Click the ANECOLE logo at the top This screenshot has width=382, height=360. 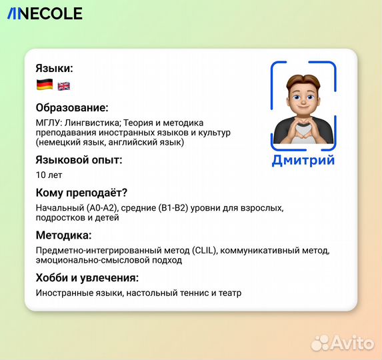pos(45,13)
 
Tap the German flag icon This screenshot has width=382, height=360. pos(45,85)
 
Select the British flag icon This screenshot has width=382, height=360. pos(64,86)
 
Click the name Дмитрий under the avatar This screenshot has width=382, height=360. pos(303,160)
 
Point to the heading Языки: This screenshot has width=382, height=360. pos(54,68)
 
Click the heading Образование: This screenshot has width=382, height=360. pos(72,107)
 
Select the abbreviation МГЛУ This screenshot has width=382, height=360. pos(49,123)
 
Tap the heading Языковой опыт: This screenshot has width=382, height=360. pos(79,159)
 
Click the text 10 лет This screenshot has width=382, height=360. pos(48,175)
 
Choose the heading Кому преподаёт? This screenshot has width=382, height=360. pos(81,193)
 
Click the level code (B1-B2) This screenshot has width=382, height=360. pos(173,208)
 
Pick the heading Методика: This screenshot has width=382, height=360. pos(63,235)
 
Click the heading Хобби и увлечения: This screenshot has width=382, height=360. pos(87,277)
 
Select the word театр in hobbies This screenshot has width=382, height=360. pos(229,293)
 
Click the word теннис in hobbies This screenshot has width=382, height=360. pos(192,293)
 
